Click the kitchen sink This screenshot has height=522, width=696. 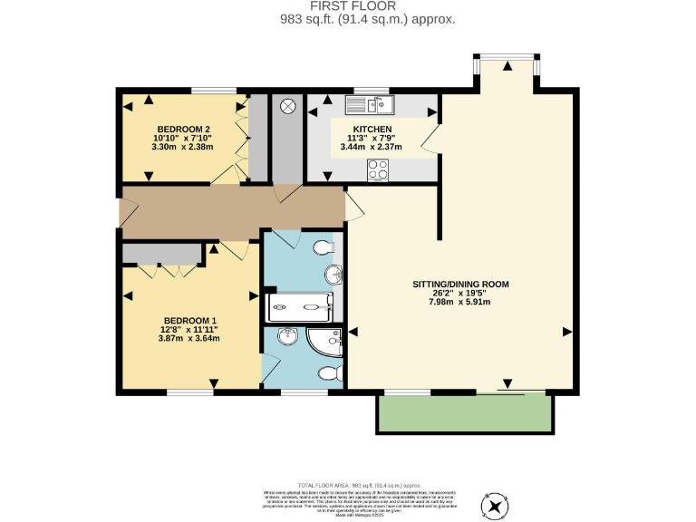click(372, 103)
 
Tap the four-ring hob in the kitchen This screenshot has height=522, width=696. click(378, 169)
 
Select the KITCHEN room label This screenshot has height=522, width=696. click(372, 130)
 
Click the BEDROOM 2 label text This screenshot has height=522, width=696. click(184, 129)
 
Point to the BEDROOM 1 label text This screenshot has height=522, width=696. click(190, 321)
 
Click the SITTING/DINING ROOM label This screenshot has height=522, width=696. click(460, 284)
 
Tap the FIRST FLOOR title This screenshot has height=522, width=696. click(349, 6)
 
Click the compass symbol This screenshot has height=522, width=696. click(497, 503)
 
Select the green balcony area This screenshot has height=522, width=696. click(464, 413)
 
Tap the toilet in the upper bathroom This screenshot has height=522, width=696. click(322, 247)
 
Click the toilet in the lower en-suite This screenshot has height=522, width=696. click(330, 372)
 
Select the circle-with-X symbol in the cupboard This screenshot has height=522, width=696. click(288, 106)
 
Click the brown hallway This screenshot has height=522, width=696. click(231, 207)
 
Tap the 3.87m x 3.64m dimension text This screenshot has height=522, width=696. click(190, 338)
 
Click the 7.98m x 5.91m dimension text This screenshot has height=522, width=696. click(460, 302)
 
